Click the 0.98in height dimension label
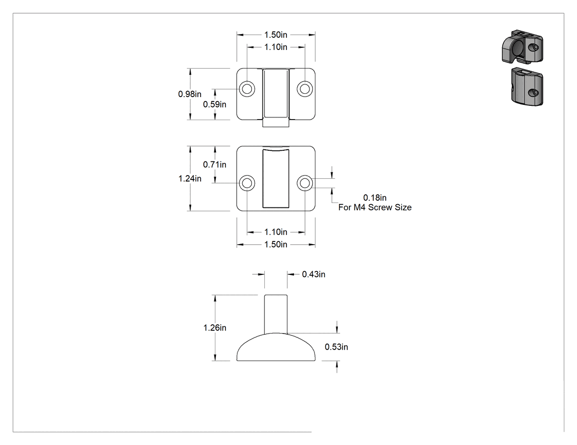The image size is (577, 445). coord(190,94)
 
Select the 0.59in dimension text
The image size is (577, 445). coord(214,104)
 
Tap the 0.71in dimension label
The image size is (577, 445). coord(214,165)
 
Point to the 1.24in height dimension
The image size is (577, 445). coord(190,178)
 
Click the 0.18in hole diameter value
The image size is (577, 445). coord(375,198)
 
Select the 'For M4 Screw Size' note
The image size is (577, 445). coord(375,207)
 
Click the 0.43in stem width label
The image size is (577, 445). coord(314,274)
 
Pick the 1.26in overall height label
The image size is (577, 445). coord(215,328)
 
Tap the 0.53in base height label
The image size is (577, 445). coord(336,347)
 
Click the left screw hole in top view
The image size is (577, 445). coord(247,88)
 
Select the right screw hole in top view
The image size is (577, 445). coord(304,88)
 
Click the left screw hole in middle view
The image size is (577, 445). coord(247,183)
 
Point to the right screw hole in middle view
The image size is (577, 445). coord(304,183)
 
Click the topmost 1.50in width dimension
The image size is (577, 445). coord(276,35)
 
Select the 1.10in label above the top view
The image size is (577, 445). coord(276,47)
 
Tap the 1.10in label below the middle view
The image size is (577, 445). coord(276,232)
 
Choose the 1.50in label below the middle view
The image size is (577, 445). coord(276,244)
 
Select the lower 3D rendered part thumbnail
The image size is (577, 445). coord(527,86)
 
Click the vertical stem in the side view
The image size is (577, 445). coord(276,314)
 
